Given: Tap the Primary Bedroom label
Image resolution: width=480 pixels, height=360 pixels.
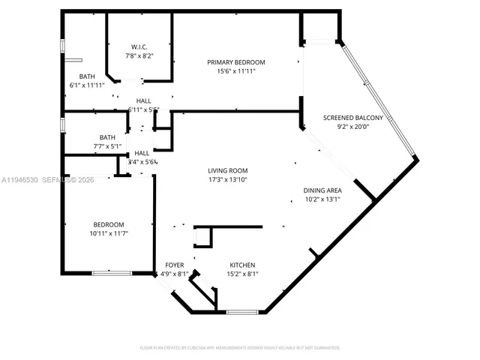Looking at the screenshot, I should click(x=236, y=61).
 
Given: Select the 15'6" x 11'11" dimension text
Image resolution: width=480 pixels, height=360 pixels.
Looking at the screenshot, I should click(x=236, y=71).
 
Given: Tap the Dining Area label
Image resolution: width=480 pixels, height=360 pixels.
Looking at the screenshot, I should click(x=322, y=190).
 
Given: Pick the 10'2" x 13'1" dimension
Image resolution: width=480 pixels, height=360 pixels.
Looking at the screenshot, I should click(x=322, y=199).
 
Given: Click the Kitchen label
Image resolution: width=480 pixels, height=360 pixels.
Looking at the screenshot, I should click(x=242, y=265).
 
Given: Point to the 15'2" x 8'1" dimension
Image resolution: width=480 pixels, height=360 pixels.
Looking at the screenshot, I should click(x=242, y=274).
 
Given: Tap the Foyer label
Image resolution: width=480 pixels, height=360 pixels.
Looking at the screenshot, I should click(x=175, y=265).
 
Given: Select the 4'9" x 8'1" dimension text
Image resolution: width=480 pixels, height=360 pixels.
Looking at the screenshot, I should click(x=175, y=274).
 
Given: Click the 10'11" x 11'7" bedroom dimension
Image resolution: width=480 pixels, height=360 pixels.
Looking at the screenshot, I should click(x=109, y=234).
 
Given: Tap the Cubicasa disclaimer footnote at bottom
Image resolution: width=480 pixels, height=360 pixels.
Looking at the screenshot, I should click(x=240, y=348).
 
